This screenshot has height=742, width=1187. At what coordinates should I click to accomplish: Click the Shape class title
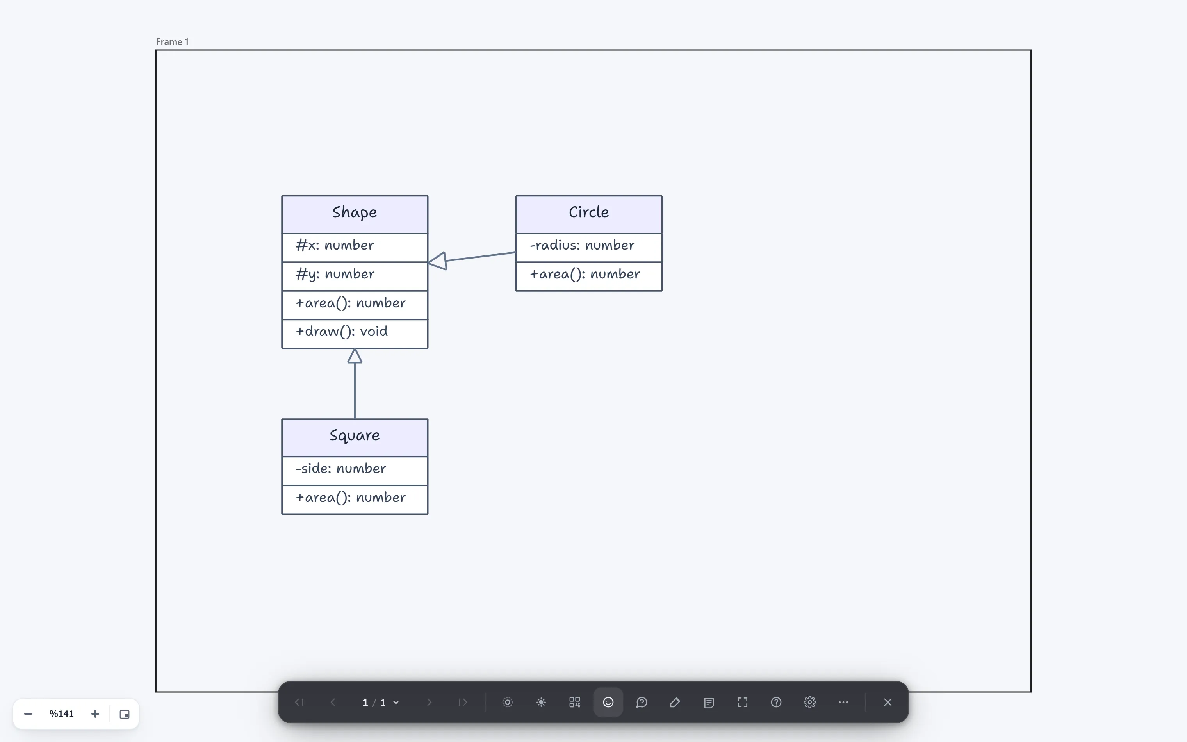(x=354, y=212)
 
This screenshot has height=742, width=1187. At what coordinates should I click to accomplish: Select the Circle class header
(x=588, y=214)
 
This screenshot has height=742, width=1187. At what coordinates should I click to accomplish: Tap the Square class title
(x=354, y=436)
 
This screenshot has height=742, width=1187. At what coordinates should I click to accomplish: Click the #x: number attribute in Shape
(x=335, y=245)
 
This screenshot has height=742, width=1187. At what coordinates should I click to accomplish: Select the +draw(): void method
(x=341, y=332)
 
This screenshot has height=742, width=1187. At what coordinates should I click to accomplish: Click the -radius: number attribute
(x=582, y=245)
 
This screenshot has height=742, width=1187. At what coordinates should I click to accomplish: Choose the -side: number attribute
(x=340, y=469)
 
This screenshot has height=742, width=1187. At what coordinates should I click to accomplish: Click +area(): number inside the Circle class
(x=585, y=274)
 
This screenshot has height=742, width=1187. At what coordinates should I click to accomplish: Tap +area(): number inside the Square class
(x=350, y=498)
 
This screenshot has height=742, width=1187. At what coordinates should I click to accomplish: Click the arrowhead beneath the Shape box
(x=355, y=356)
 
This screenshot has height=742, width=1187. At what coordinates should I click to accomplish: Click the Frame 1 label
(x=172, y=42)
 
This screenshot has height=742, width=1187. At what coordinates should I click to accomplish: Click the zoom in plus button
(x=95, y=714)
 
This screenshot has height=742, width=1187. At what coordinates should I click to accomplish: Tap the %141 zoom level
(x=61, y=714)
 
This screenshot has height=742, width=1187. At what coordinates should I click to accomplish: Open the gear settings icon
(x=810, y=702)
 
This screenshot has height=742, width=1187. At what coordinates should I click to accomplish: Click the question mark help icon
(x=776, y=702)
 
